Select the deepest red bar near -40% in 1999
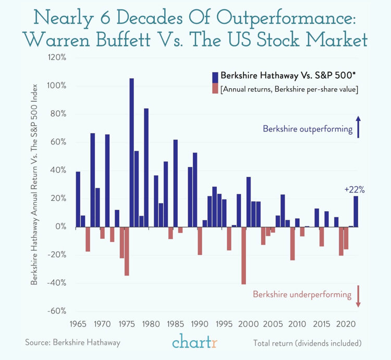[x=243, y=255]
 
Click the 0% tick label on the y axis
[x=60, y=227]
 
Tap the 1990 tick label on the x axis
[x=199, y=323]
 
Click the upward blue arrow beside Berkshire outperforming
[x=358, y=127]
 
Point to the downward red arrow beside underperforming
[x=358, y=296]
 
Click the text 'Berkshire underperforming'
[x=302, y=294]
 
